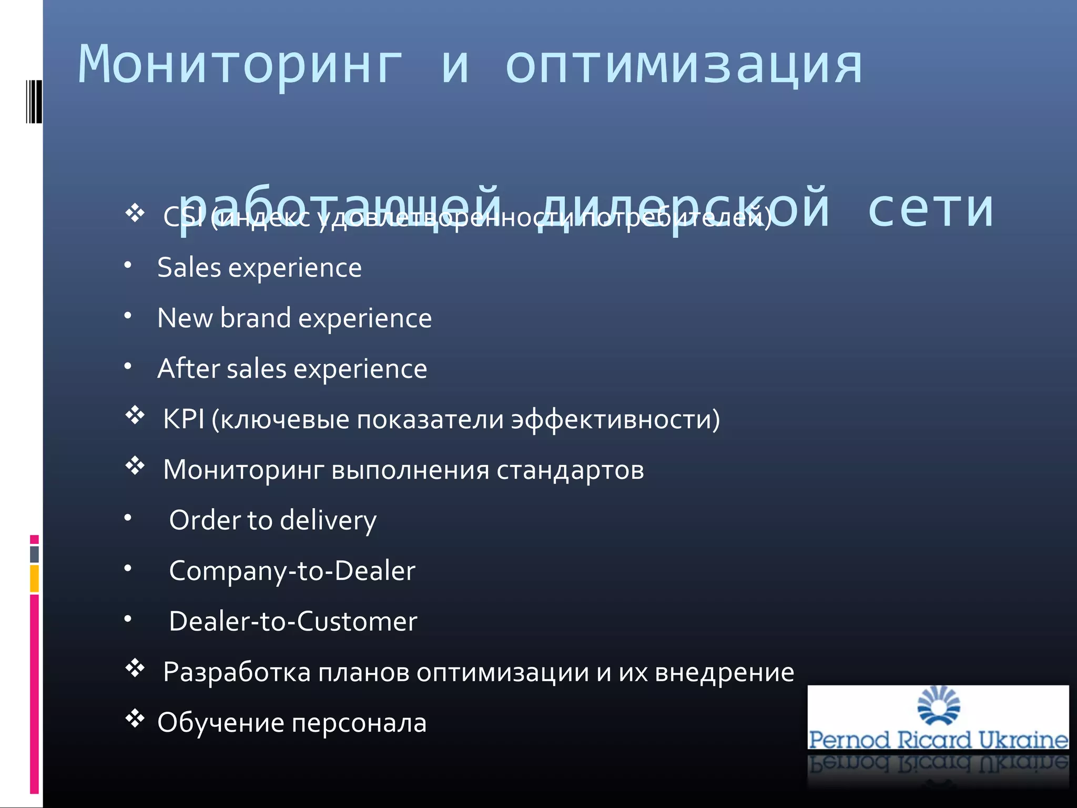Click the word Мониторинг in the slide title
(240, 66)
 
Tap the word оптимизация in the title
(684, 66)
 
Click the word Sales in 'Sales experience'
(189, 268)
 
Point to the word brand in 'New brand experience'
(255, 318)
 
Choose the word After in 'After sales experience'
(187, 368)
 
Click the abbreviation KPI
(184, 419)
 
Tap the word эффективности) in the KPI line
(615, 420)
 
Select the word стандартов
(570, 470)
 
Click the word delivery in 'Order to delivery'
(328, 521)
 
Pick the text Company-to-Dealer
(292, 571)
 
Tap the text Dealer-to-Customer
(293, 621)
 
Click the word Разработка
(237, 672)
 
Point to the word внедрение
(724, 672)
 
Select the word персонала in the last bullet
(359, 723)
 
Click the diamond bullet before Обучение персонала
(135, 719)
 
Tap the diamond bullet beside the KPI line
(135, 416)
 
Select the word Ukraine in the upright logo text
(1023, 740)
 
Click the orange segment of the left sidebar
(34, 579)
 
